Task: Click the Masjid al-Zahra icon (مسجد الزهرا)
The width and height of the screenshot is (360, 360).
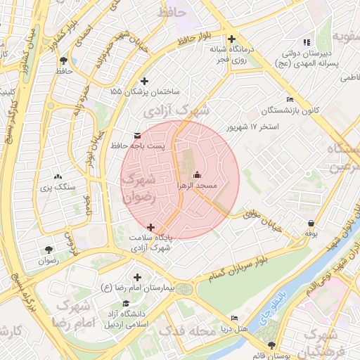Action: coord(197,175)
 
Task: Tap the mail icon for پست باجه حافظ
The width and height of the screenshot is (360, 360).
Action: coord(136,134)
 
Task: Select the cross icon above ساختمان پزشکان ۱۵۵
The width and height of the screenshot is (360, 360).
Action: coord(146,80)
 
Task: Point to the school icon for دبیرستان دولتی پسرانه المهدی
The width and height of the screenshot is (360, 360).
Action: coord(305,42)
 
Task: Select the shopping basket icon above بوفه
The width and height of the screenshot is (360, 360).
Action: coord(311,224)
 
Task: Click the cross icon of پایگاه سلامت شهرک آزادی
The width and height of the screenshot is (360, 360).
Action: coord(150,226)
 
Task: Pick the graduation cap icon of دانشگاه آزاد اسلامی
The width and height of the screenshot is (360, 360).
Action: coord(126,304)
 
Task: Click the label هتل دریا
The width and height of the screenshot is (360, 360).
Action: coord(232,328)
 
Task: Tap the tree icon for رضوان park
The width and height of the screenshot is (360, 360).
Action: coord(48,250)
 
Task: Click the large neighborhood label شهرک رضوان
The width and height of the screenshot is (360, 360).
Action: coord(139,188)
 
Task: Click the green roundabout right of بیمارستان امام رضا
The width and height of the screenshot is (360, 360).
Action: coord(184,289)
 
